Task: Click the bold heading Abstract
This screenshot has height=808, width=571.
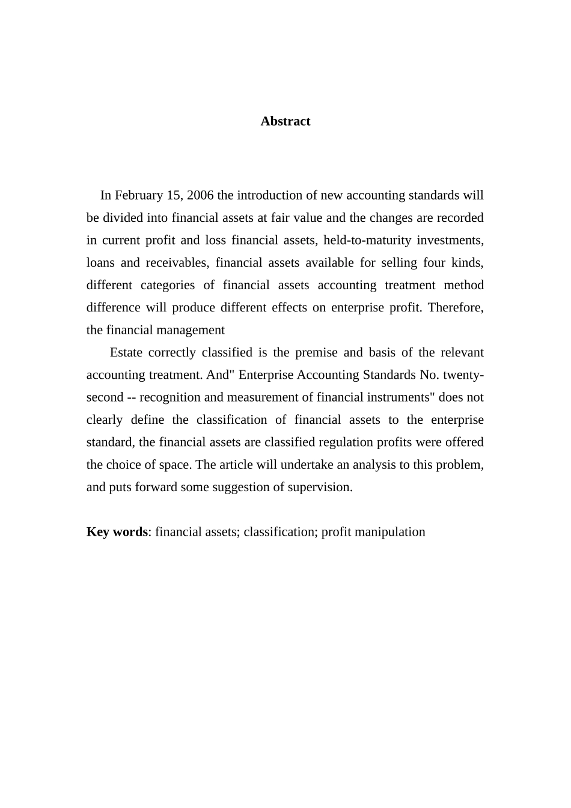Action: [285, 121]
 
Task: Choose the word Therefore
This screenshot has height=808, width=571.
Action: [455, 308]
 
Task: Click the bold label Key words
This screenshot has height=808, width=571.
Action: [117, 532]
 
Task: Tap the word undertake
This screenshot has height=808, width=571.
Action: [307, 465]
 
